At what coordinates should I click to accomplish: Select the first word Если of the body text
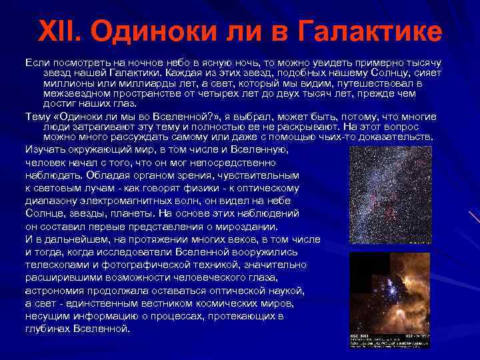coord(36,62)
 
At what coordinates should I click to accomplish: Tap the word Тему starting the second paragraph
coord(37,116)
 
